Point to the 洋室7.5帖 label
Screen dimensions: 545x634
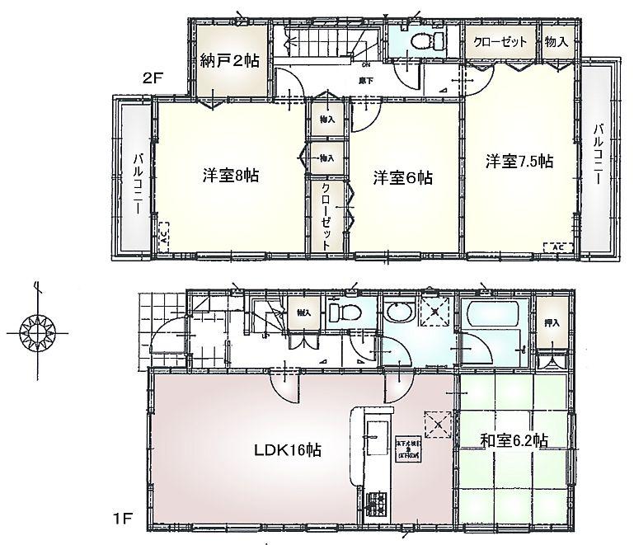(x=519, y=162)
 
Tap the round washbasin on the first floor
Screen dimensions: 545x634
(x=400, y=314)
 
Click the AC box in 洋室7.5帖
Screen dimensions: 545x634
(x=557, y=246)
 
